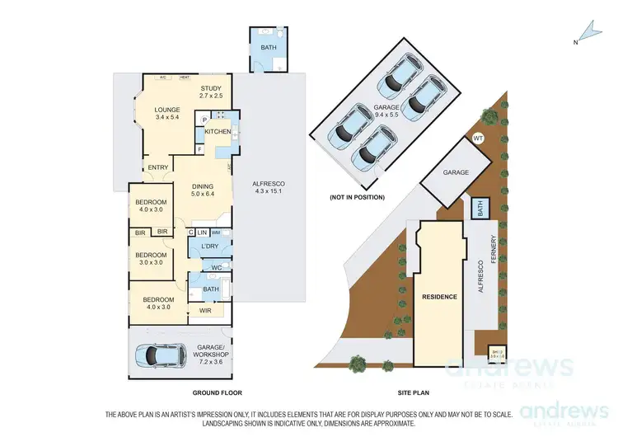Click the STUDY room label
[210, 92]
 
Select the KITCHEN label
[218, 132]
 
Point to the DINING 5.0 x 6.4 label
[202, 190]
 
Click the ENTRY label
[157, 169]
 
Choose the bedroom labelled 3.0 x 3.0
[152, 258]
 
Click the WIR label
[206, 310]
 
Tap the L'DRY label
[208, 247]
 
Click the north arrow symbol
[586, 32]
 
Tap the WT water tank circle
[478, 139]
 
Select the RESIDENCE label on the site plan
[439, 295]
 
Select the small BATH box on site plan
[479, 209]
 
